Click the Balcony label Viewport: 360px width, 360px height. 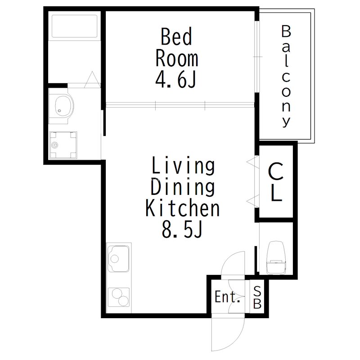click(286, 76)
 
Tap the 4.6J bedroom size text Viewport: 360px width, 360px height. click(176, 80)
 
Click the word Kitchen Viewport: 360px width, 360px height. click(183, 208)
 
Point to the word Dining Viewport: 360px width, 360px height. click(183, 187)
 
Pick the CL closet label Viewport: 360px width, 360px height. click(276, 182)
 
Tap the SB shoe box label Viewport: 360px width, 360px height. click(257, 298)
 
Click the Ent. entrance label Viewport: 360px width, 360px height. click(228, 297)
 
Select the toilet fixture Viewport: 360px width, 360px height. click(276, 257)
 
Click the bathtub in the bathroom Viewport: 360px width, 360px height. click(74, 26)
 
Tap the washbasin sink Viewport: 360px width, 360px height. click(62, 106)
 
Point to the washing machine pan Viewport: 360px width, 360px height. click(63, 145)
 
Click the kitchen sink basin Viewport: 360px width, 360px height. click(118, 259)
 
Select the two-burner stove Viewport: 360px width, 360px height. click(118, 297)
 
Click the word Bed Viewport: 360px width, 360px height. click(176, 36)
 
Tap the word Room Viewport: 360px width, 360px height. click(176, 58)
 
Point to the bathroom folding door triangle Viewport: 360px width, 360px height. click(92, 80)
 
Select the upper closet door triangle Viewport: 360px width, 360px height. click(252, 162)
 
